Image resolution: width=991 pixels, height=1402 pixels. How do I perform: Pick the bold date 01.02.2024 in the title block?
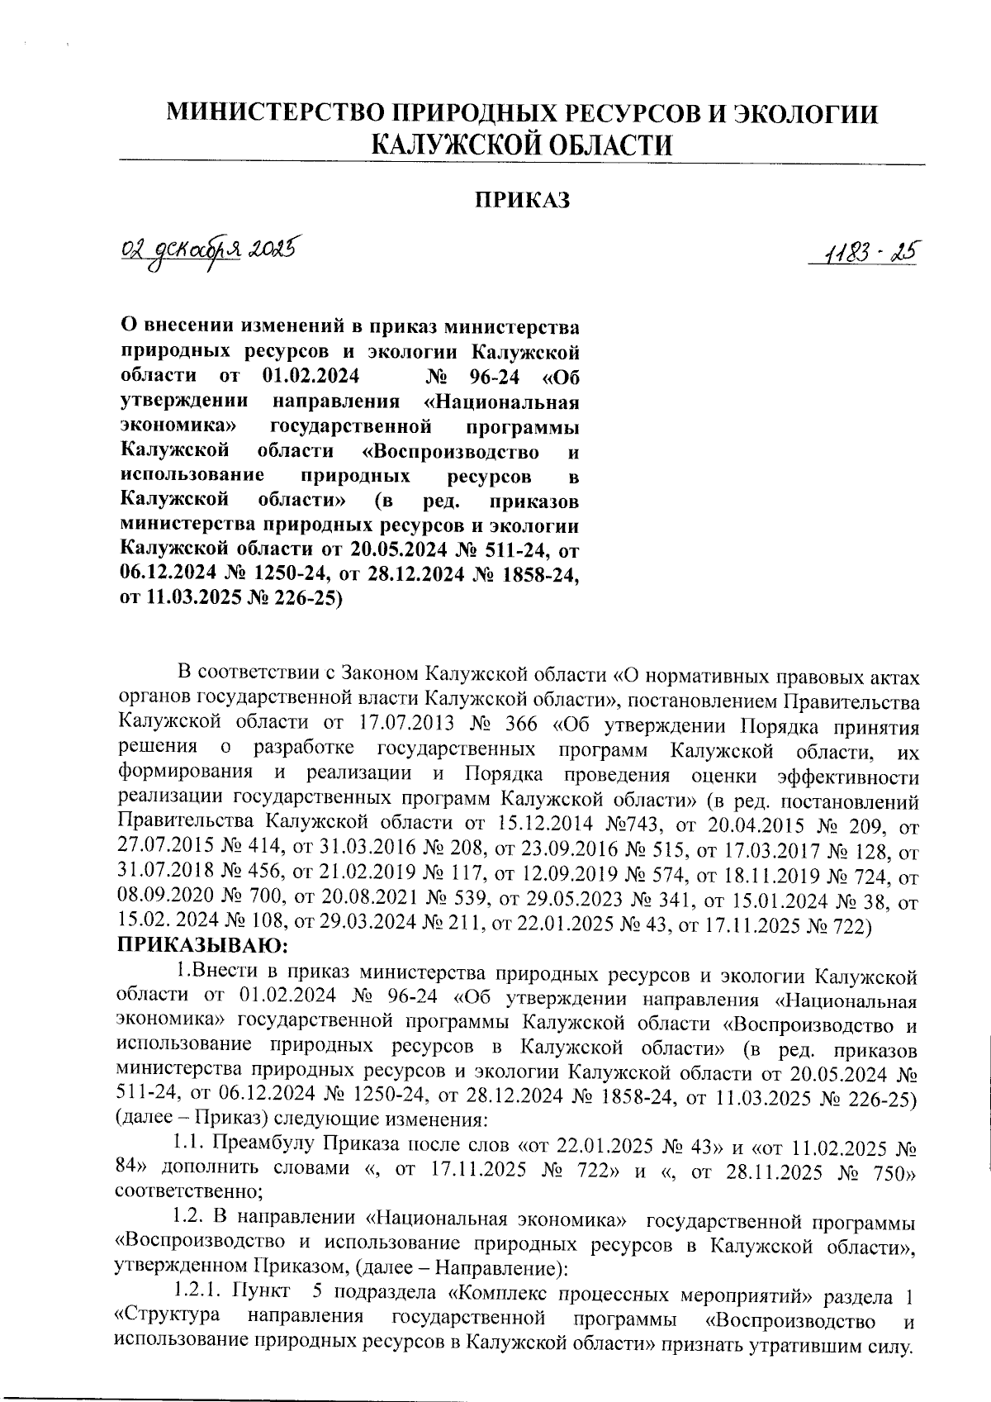click(x=310, y=378)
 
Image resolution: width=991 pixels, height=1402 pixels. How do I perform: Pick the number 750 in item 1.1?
click(x=890, y=1168)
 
